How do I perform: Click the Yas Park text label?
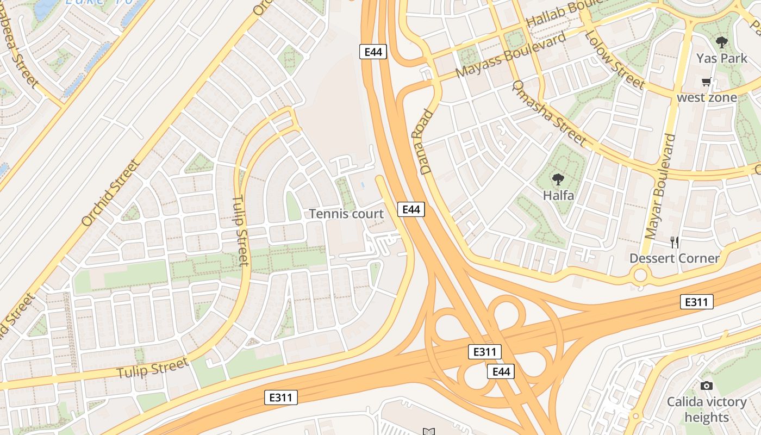coord(722,58)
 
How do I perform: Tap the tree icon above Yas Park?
coord(721,42)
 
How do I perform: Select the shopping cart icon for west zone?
coord(706,82)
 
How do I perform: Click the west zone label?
coord(707,98)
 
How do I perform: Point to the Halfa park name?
coord(558,195)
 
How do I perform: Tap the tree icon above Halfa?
coord(558,179)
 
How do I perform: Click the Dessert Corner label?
coord(674,258)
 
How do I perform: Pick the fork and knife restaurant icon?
coord(674,243)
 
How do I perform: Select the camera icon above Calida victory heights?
coord(706,386)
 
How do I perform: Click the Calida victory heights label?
coord(707,409)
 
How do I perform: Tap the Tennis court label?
coord(346,214)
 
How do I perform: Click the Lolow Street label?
coord(614,60)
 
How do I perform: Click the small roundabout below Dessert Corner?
coord(640,275)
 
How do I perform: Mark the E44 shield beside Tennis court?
coord(410,209)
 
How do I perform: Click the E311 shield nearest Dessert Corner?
coord(696,302)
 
